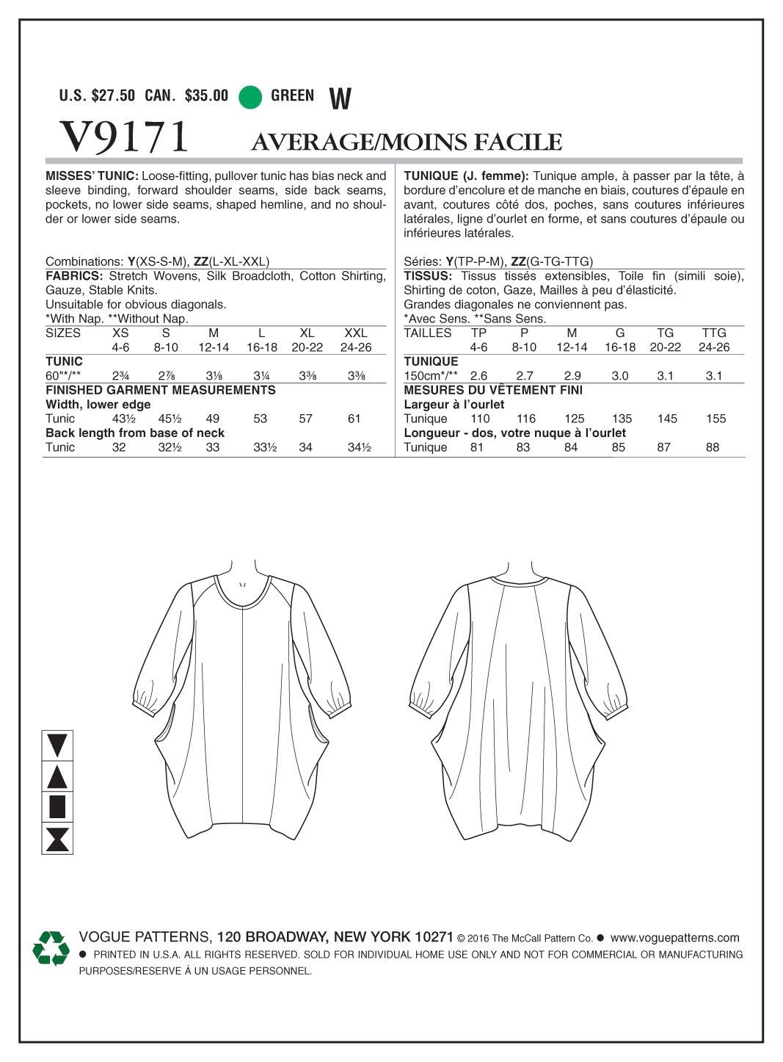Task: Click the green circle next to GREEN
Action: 251,96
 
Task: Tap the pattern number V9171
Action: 124,136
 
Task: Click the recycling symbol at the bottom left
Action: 51,948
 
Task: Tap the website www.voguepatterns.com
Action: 674,937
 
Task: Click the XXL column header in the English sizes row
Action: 356,333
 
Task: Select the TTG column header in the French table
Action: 714,333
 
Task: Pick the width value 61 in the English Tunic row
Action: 354,419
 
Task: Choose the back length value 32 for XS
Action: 119,447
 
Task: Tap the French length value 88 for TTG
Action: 713,447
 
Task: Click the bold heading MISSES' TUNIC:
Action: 92,176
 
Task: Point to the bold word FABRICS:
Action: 74,276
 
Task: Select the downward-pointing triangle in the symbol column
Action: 57,746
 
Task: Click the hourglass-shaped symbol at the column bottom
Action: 57,839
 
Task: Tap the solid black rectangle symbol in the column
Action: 57,807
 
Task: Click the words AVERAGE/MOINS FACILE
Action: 407,141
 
